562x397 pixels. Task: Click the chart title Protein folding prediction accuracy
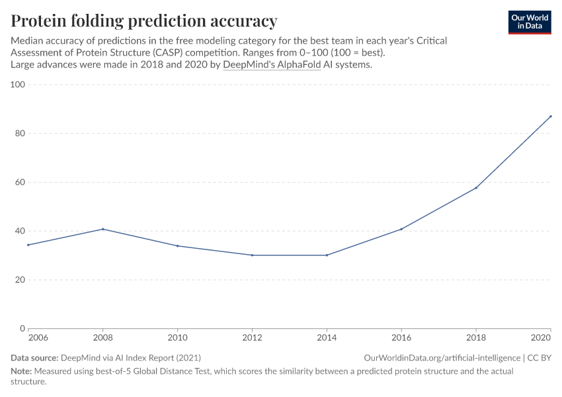pyautogui.click(x=144, y=21)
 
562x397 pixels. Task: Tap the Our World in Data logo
pyautogui.click(x=530, y=22)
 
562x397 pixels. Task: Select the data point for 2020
pyautogui.click(x=550, y=116)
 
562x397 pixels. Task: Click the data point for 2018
pyautogui.click(x=476, y=188)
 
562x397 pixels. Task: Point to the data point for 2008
pyautogui.click(x=102, y=229)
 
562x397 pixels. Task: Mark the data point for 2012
pyautogui.click(x=252, y=255)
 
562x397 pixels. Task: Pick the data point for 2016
pyautogui.click(x=401, y=229)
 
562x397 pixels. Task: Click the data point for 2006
pyautogui.click(x=28, y=245)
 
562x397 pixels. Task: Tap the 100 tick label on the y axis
pyautogui.click(x=18, y=85)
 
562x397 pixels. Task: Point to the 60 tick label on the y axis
pyautogui.click(x=20, y=182)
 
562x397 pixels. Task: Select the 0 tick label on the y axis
pyautogui.click(x=22, y=328)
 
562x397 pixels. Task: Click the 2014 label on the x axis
pyautogui.click(x=327, y=338)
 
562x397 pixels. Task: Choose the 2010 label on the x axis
pyautogui.click(x=177, y=338)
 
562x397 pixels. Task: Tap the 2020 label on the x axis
pyautogui.click(x=542, y=338)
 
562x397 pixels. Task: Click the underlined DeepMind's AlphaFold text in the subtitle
pyautogui.click(x=272, y=65)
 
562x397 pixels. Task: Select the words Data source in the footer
pyautogui.click(x=34, y=358)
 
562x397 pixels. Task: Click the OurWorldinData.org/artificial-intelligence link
pyautogui.click(x=442, y=358)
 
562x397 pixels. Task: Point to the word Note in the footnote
pyautogui.click(x=22, y=371)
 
